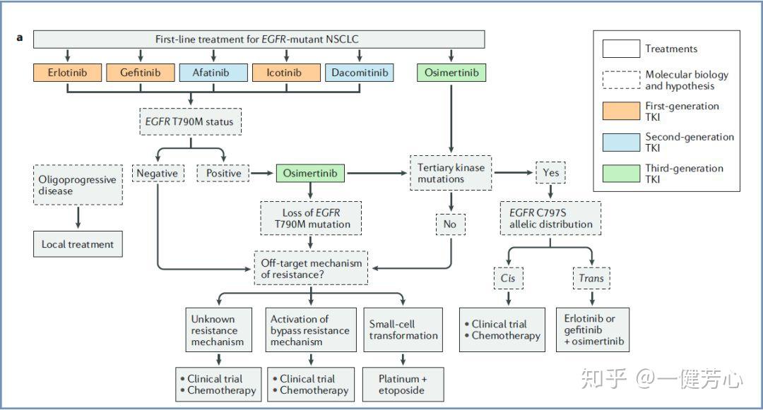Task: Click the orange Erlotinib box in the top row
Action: coord(68,73)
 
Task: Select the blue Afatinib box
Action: coord(213,73)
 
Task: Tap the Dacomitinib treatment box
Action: coord(359,73)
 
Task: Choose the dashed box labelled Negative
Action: coord(157,172)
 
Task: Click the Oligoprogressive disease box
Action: coord(77,185)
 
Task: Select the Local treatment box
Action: coord(77,244)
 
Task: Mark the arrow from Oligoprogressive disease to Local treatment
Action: coord(77,217)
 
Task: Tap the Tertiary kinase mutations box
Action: coord(451,173)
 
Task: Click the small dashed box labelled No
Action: coord(451,224)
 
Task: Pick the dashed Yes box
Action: coord(551,172)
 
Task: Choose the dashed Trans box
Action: coord(591,278)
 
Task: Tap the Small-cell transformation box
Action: coord(403,330)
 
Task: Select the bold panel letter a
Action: coord(20,37)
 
